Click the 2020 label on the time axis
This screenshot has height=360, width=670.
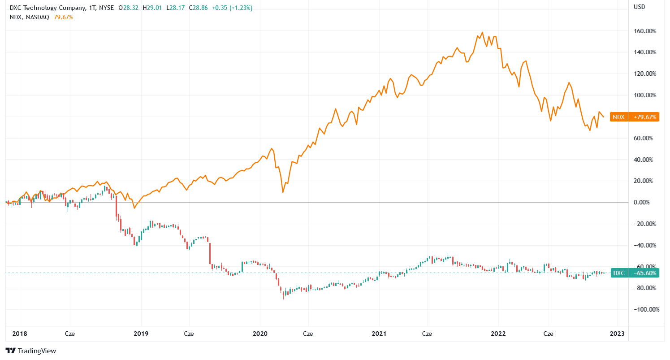pyautogui.click(x=260, y=334)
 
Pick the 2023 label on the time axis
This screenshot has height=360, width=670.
pyautogui.click(x=617, y=334)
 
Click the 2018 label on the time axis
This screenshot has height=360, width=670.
pyautogui.click(x=20, y=334)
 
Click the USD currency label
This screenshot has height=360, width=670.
pyautogui.click(x=639, y=7)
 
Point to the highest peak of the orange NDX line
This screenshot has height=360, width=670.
pyautogui.click(x=482, y=32)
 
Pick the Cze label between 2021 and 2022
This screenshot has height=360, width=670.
pyautogui.click(x=427, y=334)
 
